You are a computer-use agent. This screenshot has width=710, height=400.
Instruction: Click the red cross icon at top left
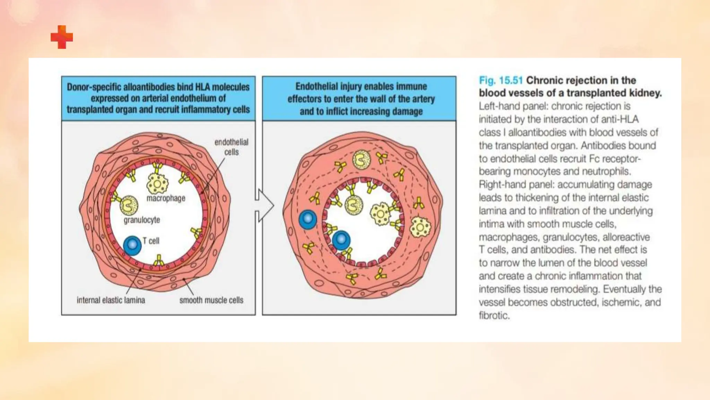[x=62, y=37]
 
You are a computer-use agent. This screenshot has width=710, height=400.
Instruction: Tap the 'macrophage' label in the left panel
[x=166, y=198]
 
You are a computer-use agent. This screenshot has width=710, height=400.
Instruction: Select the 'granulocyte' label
[x=142, y=220]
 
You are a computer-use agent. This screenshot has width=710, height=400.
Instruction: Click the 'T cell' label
[x=151, y=241]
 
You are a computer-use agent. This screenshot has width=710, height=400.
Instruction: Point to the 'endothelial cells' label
[x=231, y=147]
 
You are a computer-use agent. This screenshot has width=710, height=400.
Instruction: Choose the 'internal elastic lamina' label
[x=111, y=300]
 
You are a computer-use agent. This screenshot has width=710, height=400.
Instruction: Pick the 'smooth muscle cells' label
[x=211, y=300]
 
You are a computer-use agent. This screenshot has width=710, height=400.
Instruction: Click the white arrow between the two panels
[x=264, y=206]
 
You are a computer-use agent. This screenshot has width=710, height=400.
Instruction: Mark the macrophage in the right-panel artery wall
[x=420, y=228]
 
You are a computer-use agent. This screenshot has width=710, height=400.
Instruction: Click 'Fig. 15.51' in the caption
[x=501, y=81]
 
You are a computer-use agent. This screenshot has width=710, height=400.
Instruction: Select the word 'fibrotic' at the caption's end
[x=494, y=316]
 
